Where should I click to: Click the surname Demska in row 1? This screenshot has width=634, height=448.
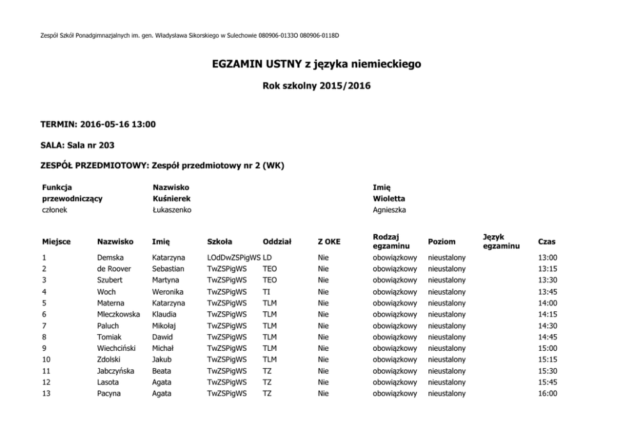pos(110,258)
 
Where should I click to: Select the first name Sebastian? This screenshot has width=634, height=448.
pos(168,269)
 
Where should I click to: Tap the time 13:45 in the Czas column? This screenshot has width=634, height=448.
pos(548,291)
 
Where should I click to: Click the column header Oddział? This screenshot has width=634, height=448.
pos(277,242)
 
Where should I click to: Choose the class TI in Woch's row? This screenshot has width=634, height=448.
pos(267,291)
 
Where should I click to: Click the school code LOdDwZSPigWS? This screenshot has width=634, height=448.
pos(234,258)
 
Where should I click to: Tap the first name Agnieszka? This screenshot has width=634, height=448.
pos(389,210)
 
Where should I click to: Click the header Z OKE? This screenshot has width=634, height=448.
pos(329,242)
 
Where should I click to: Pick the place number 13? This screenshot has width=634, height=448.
pos(46,394)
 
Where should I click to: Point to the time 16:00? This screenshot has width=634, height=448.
pos(548,394)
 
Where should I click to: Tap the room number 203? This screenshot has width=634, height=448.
pos(106,145)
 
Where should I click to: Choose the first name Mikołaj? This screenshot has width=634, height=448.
pos(165,325)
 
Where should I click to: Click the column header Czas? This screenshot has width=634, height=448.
pos(547,242)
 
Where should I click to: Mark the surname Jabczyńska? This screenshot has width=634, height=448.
pos(116,371)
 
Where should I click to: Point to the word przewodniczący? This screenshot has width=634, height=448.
pos(72,198)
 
